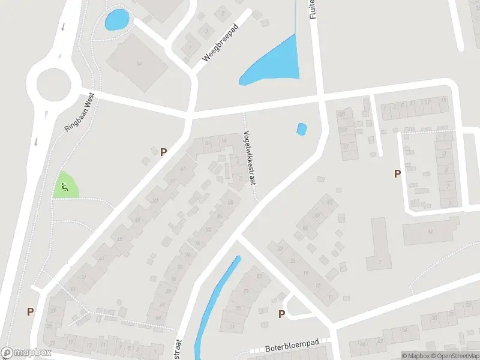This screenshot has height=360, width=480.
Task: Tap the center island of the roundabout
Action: (x=54, y=84)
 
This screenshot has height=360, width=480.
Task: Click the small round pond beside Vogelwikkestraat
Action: (x=302, y=128)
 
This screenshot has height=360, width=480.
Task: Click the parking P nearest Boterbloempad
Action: (x=281, y=314)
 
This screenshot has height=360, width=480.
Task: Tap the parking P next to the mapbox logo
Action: (x=30, y=311)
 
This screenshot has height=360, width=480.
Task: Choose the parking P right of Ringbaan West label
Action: (x=163, y=152)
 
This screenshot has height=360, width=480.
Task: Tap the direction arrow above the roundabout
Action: (x=62, y=27)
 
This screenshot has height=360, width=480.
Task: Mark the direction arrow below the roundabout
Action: (x=37, y=142)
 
